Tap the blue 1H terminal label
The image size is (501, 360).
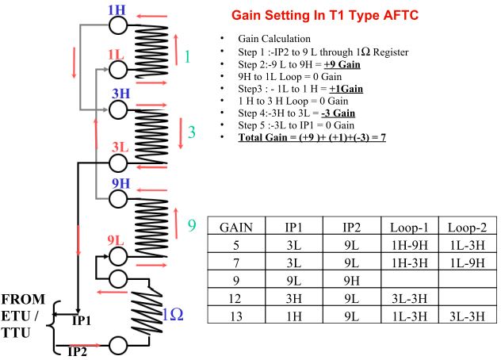(x=116, y=9)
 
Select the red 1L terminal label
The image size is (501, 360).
(x=116, y=55)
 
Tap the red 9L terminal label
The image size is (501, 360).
(x=116, y=239)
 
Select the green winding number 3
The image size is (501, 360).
(x=192, y=132)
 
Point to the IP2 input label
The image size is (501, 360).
(x=77, y=349)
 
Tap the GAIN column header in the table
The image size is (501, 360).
(x=236, y=226)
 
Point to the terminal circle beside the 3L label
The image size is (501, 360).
(x=118, y=163)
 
